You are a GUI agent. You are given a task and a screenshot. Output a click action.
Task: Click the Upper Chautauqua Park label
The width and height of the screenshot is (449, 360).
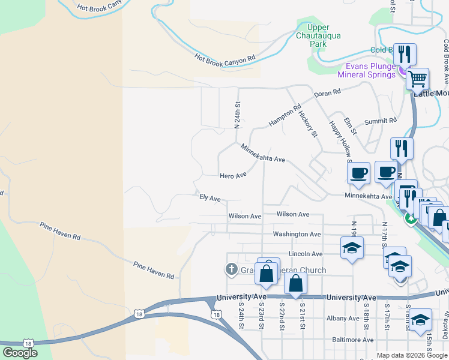click(x=318, y=35)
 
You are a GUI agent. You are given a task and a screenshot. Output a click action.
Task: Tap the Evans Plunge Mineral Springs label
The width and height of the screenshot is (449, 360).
click(x=367, y=70)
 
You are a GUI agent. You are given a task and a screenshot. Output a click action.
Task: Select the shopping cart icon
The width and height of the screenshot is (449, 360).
click(x=417, y=78)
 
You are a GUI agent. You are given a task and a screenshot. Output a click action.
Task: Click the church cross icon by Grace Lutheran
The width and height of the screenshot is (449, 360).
click(x=231, y=270)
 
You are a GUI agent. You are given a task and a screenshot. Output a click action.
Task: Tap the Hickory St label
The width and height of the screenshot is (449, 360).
click(x=307, y=122)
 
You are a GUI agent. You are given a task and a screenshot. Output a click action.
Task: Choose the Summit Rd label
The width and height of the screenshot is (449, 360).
click(x=385, y=121)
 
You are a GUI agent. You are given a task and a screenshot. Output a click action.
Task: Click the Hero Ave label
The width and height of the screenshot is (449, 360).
click(x=234, y=175)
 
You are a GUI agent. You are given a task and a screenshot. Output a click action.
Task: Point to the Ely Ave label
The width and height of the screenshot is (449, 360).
click(x=210, y=197)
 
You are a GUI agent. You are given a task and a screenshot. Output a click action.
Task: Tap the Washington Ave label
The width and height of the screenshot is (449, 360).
click(x=297, y=234)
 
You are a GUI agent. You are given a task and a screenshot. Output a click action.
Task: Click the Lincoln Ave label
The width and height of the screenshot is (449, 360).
click(x=306, y=254)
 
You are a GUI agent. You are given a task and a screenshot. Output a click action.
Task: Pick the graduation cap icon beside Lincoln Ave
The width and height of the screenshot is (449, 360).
click(x=352, y=247)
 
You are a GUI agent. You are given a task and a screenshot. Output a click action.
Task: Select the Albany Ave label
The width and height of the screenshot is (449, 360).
click(x=342, y=319)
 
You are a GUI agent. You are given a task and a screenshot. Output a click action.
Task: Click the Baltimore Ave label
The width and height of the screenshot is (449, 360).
click(x=353, y=340)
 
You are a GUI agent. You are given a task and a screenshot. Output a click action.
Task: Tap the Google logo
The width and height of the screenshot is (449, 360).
click(x=20, y=353)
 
